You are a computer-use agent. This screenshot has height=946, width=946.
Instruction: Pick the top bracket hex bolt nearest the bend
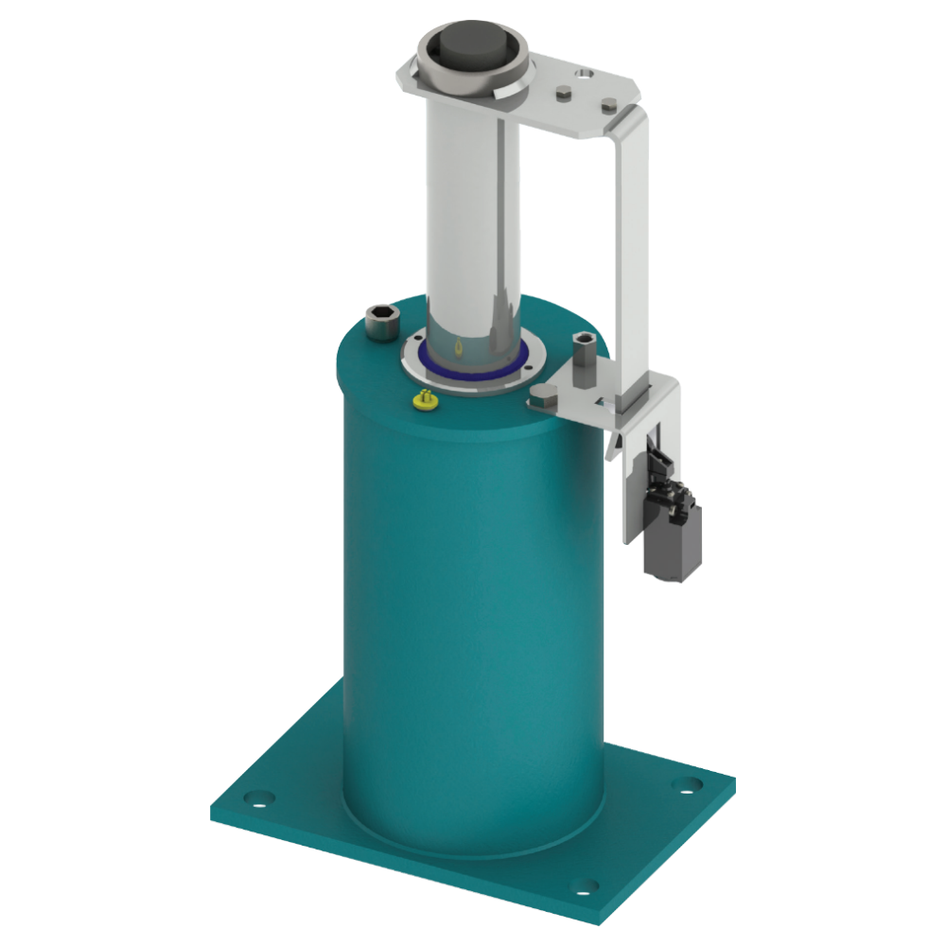coord(610,99)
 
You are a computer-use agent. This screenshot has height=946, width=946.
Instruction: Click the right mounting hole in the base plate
coord(693,784)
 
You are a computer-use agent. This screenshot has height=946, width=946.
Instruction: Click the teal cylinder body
coord(473,615)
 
